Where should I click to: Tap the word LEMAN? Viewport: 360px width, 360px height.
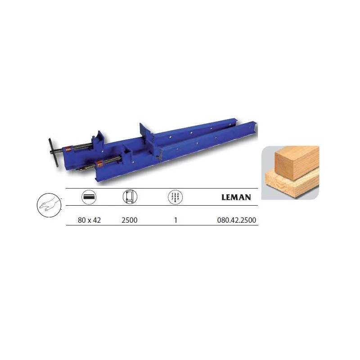click(x=236, y=198)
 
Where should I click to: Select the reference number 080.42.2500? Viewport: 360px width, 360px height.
click(x=237, y=220)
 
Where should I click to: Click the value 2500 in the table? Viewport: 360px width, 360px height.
click(x=130, y=220)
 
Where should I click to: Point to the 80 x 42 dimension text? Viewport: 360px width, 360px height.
click(x=89, y=220)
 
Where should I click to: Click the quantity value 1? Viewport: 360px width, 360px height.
click(x=175, y=220)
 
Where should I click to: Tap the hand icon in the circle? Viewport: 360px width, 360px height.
click(x=49, y=205)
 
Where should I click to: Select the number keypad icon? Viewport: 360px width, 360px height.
click(x=175, y=197)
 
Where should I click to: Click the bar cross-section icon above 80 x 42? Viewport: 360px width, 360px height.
click(x=89, y=197)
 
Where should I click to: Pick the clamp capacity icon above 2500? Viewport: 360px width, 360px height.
click(x=130, y=197)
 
